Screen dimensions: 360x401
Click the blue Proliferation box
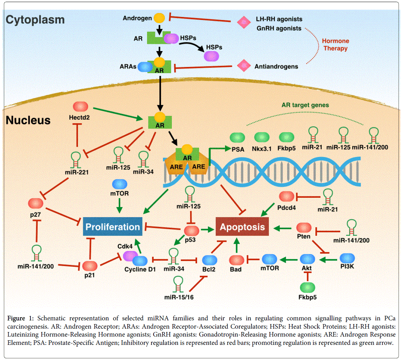(x=113, y=227)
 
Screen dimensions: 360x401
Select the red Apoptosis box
(x=242, y=227)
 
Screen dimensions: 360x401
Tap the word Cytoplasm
(x=35, y=20)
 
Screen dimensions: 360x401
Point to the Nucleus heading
(x=28, y=120)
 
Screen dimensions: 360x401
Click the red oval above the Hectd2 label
(x=80, y=107)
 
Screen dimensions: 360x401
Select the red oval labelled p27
(x=36, y=203)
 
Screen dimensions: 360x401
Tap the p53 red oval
(x=191, y=230)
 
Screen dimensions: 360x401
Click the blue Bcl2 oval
(x=209, y=260)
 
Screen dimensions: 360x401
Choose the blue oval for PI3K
(x=347, y=258)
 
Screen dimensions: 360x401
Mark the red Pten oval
(x=304, y=227)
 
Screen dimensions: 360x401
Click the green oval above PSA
(x=237, y=138)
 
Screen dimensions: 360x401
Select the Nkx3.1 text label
(x=262, y=149)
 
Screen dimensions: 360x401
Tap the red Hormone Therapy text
(x=335, y=45)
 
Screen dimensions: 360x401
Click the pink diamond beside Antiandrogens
(x=244, y=65)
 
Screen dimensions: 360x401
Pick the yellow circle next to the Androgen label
(x=159, y=18)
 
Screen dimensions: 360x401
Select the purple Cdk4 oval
(x=130, y=256)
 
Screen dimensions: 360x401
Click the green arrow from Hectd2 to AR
(x=118, y=114)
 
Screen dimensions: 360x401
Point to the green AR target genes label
(x=305, y=105)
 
